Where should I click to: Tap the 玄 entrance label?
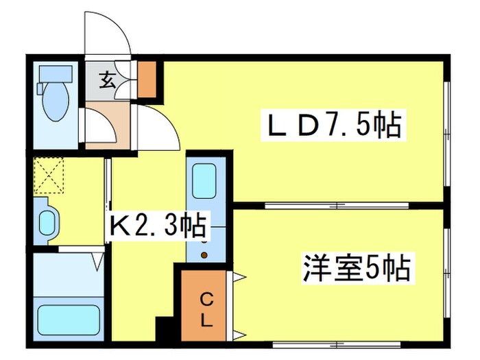click(108, 81)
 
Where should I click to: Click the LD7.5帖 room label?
click(333, 125)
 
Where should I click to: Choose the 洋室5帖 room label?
click(357, 267)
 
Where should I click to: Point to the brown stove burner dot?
click(204, 256)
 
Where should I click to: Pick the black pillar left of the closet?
click(165, 328)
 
